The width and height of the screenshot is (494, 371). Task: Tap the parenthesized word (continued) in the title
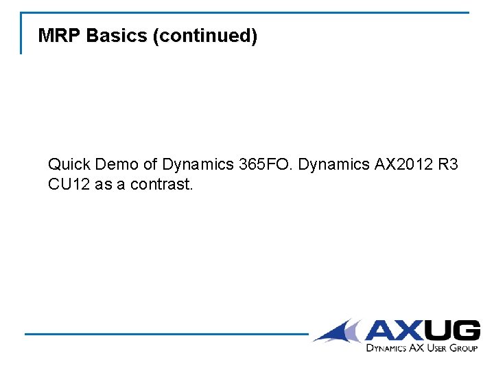205,36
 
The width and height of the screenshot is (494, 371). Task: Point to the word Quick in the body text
69,165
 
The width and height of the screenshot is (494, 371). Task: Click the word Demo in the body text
118,165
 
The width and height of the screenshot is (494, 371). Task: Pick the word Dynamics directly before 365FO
198,165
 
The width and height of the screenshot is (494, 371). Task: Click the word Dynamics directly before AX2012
333,165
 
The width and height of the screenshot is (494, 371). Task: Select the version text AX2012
402,165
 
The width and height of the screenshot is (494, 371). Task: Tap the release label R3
448,165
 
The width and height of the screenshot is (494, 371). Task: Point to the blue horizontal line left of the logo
165,335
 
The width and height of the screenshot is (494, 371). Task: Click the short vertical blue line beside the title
21,33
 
